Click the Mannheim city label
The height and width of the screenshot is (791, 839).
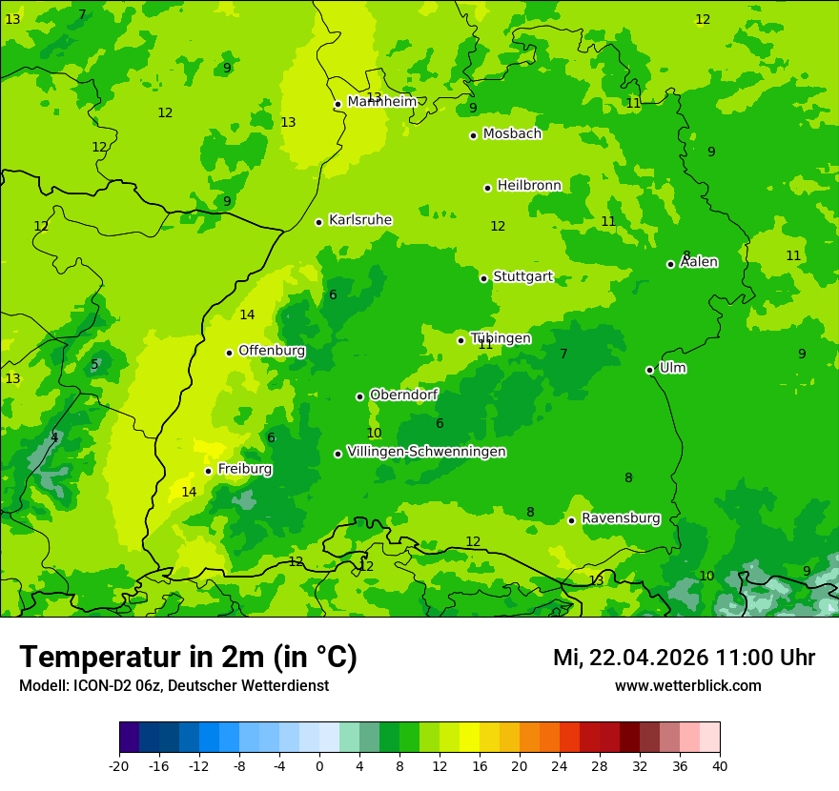[x=381, y=102]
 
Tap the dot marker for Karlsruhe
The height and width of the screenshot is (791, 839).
[x=318, y=222]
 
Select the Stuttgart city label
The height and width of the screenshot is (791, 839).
[x=522, y=277]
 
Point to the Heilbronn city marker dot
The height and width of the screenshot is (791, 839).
[x=487, y=188]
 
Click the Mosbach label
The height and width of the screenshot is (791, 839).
[x=512, y=134]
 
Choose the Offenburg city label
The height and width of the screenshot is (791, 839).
[x=272, y=351]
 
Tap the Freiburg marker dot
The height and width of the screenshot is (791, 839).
[x=208, y=471]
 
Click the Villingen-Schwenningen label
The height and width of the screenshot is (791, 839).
[x=426, y=452]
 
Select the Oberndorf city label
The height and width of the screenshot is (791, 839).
[x=404, y=395]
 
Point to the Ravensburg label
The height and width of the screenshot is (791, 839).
[x=621, y=518]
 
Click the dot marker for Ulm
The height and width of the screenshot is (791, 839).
[x=649, y=370]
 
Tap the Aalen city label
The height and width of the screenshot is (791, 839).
[x=699, y=262]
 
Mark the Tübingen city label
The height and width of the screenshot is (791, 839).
[x=501, y=338]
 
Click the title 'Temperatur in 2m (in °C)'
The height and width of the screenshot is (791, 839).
[x=188, y=658]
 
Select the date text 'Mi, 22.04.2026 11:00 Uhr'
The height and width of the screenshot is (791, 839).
[x=684, y=658]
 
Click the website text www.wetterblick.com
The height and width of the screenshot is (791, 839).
[x=687, y=686]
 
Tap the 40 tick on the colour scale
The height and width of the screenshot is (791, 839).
[x=719, y=766]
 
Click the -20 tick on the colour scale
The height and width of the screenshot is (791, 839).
[x=119, y=766]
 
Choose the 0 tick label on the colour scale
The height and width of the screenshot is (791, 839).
[x=319, y=766]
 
